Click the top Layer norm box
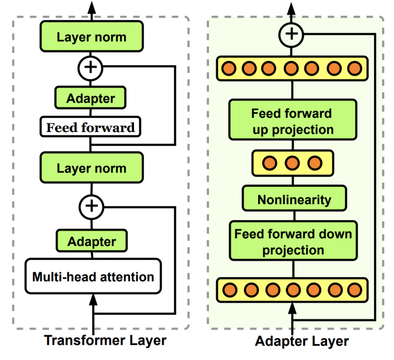point(92,38)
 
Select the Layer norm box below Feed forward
point(92,168)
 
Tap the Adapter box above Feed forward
point(91,99)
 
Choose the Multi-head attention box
point(93,277)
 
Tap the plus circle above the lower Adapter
point(91,206)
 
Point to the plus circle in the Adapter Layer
point(292,34)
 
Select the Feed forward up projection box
point(292,121)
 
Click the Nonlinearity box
point(294,199)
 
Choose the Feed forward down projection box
point(293,242)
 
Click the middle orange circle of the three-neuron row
point(292,163)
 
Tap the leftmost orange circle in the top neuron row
point(228,68)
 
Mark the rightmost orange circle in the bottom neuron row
point(354,290)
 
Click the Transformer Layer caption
point(105,340)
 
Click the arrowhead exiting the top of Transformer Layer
point(91,7)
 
